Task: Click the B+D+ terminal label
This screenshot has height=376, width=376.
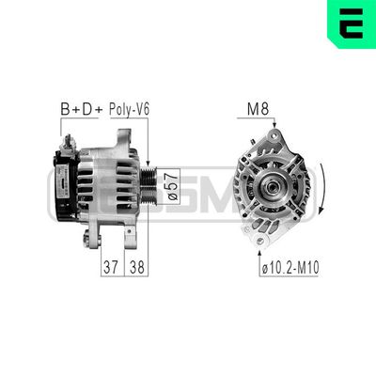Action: point(83,109)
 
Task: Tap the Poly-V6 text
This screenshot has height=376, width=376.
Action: point(129,109)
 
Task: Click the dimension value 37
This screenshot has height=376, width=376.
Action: point(112,267)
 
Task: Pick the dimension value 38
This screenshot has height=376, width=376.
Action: point(136,267)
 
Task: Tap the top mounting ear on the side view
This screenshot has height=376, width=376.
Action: point(122,139)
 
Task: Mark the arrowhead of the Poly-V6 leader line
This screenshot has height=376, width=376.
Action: point(149,160)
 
